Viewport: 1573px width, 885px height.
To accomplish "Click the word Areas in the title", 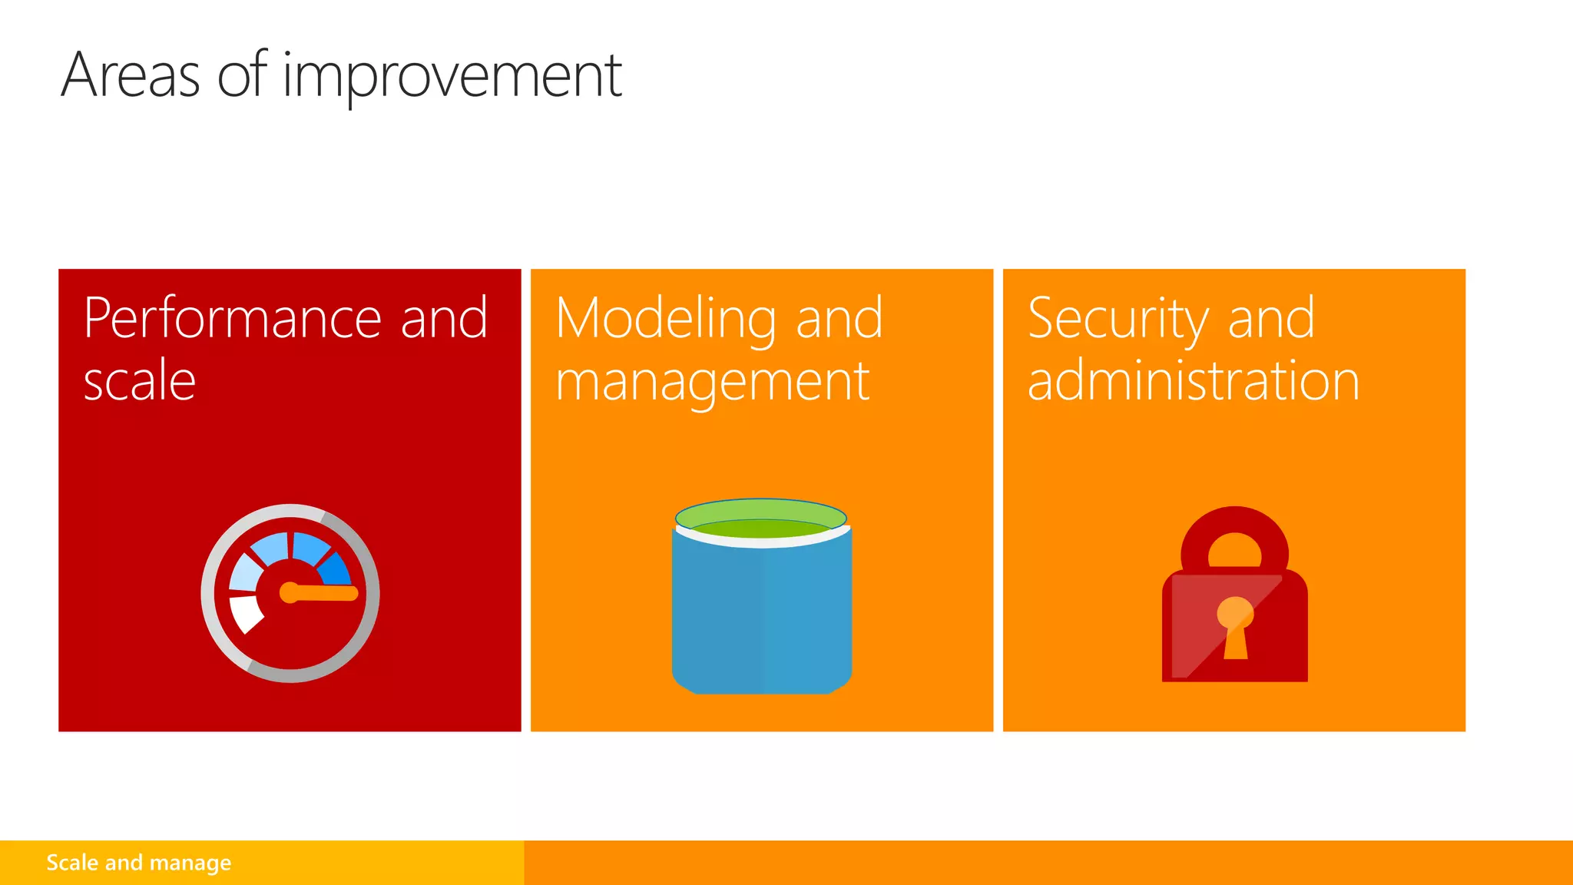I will (131, 75).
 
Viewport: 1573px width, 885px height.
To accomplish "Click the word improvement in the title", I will (452, 77).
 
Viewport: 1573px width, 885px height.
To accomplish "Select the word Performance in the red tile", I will (232, 318).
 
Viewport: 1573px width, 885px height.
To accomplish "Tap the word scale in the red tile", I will (140, 381).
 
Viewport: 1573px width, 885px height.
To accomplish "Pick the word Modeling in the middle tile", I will (665, 320).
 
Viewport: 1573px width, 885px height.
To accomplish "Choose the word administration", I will (1194, 381).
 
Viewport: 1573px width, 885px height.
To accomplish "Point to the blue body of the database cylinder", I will (761, 615).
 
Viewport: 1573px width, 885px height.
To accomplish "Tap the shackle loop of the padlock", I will (1234, 535).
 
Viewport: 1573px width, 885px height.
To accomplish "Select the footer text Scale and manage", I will (138, 863).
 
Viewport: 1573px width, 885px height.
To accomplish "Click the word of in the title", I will (242, 75).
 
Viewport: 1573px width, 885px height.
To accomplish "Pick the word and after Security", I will (1271, 318).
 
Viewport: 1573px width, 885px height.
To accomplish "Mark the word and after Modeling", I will (839, 318).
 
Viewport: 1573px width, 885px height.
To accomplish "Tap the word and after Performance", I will (444, 318).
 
